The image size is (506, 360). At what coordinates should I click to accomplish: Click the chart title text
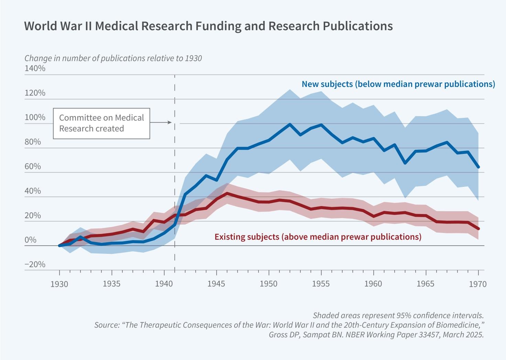click(208, 26)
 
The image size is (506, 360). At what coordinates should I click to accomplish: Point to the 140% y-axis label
click(35, 68)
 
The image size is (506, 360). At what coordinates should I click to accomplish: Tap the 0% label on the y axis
click(30, 240)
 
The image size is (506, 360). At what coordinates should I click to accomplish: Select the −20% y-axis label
click(35, 265)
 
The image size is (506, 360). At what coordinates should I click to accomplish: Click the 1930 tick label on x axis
click(59, 284)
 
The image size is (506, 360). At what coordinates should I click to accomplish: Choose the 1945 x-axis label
click(216, 284)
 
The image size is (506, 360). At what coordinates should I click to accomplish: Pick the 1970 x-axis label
click(478, 284)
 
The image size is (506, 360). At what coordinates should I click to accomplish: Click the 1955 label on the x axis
click(321, 284)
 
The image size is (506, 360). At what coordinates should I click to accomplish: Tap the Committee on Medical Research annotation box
click(101, 123)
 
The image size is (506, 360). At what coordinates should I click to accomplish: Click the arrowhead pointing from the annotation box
click(169, 122)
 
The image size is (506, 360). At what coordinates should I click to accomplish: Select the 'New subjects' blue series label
click(398, 84)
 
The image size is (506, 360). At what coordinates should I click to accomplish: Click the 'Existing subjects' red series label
click(318, 237)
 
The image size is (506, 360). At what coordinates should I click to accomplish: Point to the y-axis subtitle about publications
click(113, 58)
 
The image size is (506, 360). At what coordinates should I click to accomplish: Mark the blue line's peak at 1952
click(290, 124)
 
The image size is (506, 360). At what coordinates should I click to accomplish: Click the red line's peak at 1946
click(227, 193)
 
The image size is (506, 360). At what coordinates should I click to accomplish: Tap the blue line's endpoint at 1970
click(478, 167)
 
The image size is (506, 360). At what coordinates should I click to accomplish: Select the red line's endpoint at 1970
click(478, 228)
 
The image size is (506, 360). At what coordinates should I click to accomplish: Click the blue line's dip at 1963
click(405, 163)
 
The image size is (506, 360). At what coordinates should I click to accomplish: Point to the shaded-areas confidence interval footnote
click(398, 315)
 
